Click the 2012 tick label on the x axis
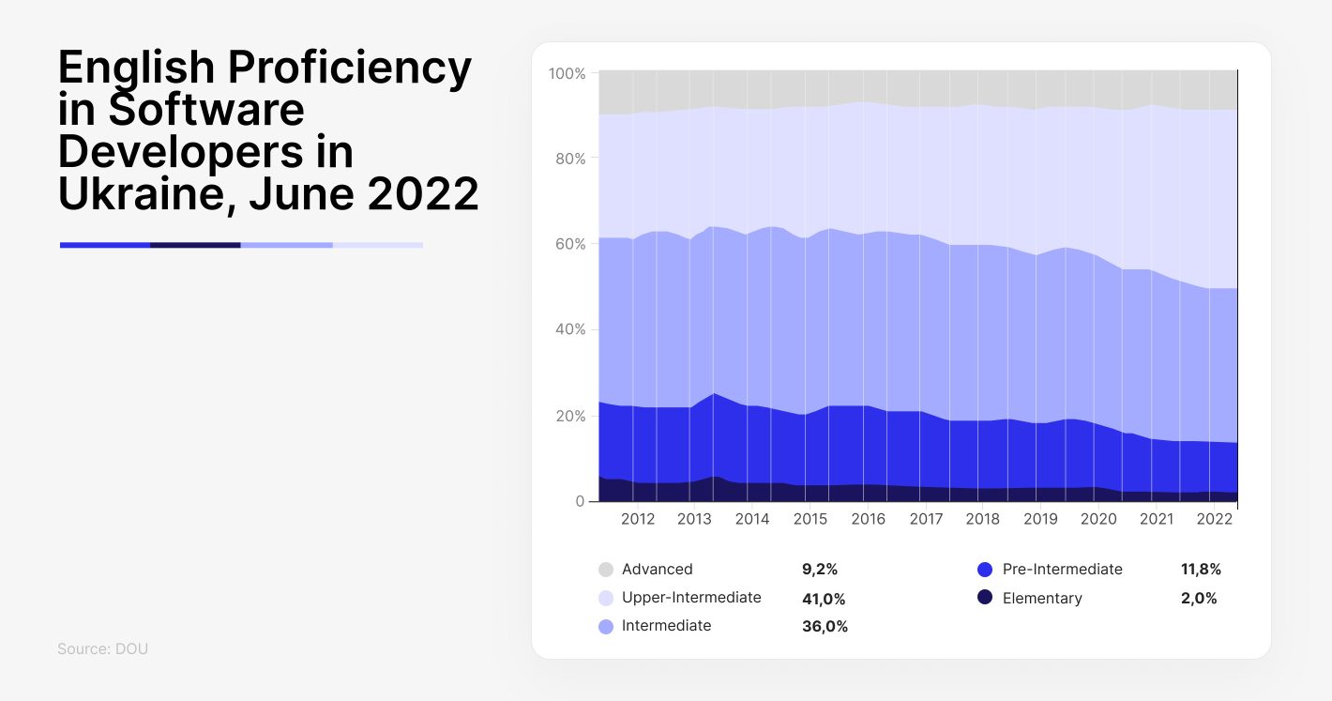click(x=637, y=519)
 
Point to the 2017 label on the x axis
click(x=926, y=519)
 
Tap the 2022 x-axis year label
click(x=1214, y=519)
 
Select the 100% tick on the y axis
click(x=567, y=73)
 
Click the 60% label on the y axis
click(x=570, y=244)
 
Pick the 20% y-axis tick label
click(x=570, y=416)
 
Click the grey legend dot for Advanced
click(x=606, y=570)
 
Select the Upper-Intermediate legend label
click(x=691, y=598)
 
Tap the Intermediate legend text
click(x=666, y=626)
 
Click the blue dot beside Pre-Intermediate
click(x=985, y=570)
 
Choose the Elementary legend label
click(x=1042, y=599)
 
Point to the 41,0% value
click(x=824, y=599)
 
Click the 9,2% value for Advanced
click(x=820, y=570)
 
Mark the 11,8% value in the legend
click(x=1201, y=570)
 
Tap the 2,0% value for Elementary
click(x=1199, y=599)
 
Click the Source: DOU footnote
click(x=102, y=649)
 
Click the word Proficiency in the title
click(x=350, y=69)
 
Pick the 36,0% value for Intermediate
click(x=825, y=627)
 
